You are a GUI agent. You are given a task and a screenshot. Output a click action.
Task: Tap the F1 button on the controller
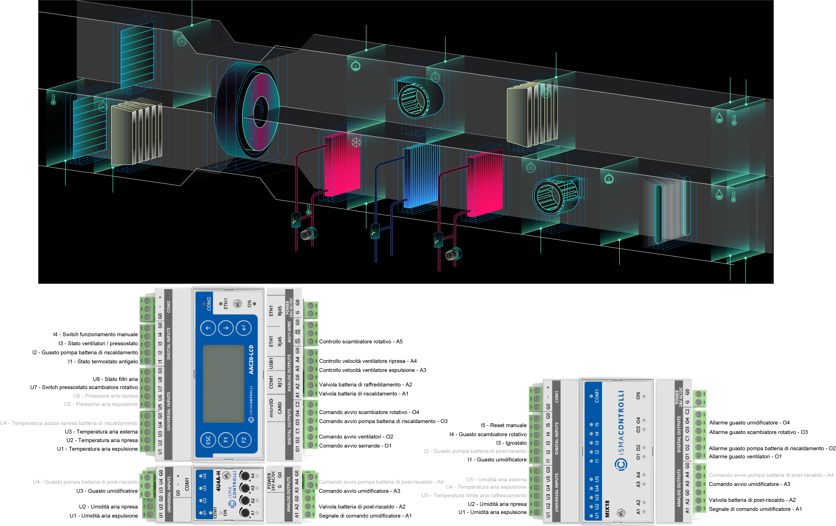226,440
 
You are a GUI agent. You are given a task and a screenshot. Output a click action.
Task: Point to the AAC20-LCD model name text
251,359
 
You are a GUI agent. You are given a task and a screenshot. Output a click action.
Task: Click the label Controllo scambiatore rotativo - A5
361,342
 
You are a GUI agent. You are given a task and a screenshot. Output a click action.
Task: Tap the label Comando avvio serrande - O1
355,446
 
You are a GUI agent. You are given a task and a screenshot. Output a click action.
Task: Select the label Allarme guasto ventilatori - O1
745,457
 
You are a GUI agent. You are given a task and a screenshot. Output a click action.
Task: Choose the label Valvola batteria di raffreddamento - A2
365,385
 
